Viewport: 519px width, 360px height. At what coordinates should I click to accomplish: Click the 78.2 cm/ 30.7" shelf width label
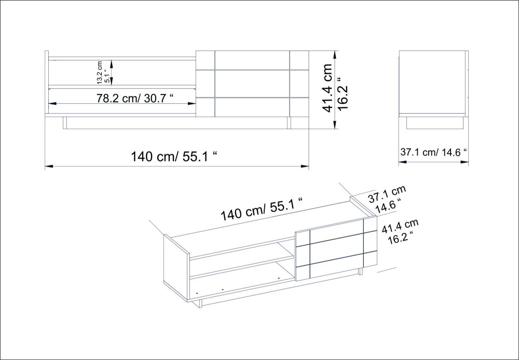pos(135,98)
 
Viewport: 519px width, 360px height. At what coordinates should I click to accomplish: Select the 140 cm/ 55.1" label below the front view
pos(175,156)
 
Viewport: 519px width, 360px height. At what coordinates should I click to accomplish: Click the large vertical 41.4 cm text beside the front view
pos(327,88)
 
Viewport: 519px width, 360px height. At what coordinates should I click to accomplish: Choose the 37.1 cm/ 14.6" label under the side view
pos(433,152)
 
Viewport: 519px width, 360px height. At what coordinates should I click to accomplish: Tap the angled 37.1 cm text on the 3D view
pos(387,194)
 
